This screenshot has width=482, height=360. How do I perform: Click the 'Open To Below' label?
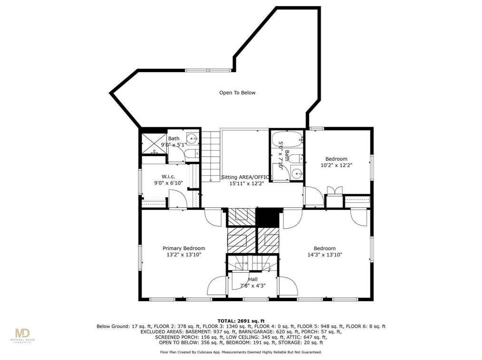point(237,93)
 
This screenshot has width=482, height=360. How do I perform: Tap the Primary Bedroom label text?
point(184,248)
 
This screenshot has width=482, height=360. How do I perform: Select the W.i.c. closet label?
point(168,177)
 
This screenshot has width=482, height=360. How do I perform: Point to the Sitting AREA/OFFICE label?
point(247,177)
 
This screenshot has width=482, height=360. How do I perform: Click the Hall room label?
point(253,279)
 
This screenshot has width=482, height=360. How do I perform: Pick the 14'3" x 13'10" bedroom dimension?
point(325,255)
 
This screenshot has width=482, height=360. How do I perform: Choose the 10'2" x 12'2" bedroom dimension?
point(336,165)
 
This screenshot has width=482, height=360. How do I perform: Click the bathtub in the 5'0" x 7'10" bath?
point(288,140)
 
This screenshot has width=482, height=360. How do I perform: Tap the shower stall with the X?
point(154,143)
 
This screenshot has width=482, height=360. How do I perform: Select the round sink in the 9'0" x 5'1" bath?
point(193,139)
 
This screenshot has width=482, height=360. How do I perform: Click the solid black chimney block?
point(268,218)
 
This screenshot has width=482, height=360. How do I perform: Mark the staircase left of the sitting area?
point(211,156)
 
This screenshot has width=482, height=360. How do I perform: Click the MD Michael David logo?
point(23,336)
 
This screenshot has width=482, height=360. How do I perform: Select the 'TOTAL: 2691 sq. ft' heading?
point(241,321)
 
